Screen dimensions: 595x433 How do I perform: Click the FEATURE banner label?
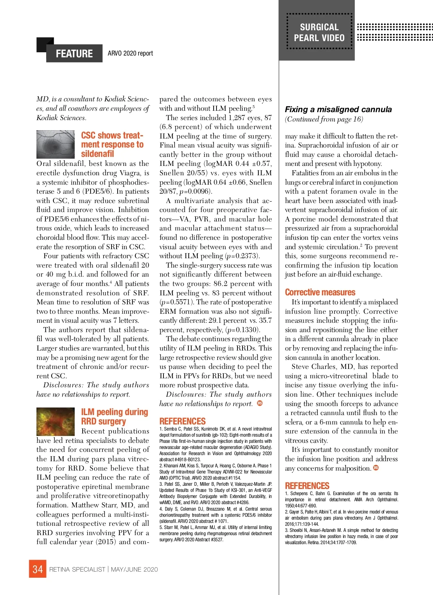[x=74, y=53]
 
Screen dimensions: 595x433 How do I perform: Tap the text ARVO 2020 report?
[x=130, y=53]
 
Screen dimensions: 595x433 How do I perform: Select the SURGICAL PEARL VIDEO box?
[x=319, y=32]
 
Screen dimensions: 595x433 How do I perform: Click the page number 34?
[x=38, y=569]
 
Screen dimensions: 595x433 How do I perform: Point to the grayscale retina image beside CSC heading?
[x=56, y=144]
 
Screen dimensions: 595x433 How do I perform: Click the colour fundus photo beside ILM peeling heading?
[x=56, y=421]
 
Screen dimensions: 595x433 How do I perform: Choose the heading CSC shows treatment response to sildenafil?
[x=112, y=144]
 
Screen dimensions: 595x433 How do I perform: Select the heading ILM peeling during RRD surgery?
[x=114, y=416]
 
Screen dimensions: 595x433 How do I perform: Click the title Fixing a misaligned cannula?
[x=338, y=109]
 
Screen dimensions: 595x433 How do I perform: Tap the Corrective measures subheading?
[x=320, y=292]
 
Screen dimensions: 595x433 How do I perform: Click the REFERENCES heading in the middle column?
[x=183, y=421]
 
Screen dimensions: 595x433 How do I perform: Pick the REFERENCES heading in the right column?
[x=307, y=486]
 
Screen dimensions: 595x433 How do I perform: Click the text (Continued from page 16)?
[x=324, y=119]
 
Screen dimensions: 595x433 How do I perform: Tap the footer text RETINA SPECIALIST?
[x=77, y=569]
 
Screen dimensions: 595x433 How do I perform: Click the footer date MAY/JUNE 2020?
[x=135, y=569]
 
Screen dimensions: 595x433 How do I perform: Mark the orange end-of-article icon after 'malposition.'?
[x=376, y=468]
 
